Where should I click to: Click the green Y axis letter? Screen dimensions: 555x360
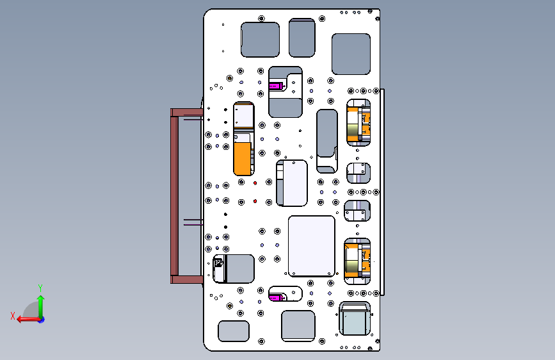[x=40, y=288]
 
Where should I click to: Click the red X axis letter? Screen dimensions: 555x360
[x=13, y=316]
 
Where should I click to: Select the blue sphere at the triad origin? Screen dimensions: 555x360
[x=42, y=320]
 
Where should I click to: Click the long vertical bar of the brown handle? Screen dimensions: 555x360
[x=174, y=196]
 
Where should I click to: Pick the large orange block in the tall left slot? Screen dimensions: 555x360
[x=243, y=158]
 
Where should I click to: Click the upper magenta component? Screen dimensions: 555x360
[x=276, y=86]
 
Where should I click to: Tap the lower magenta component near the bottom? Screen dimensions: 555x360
[x=277, y=298]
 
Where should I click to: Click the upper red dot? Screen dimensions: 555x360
[x=255, y=183]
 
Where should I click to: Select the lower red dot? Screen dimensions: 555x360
[x=255, y=201]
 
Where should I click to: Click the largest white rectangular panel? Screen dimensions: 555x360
[x=312, y=246]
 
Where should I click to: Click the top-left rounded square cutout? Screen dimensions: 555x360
[x=260, y=40]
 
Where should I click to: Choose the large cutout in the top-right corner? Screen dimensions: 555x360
[x=351, y=54]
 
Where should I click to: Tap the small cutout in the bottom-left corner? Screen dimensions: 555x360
[x=234, y=331]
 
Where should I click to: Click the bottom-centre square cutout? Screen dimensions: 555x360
[x=298, y=326]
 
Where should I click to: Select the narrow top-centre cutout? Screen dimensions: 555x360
[x=302, y=38]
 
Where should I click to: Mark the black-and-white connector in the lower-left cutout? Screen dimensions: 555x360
[x=219, y=268]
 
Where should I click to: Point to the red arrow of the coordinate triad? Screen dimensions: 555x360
[x=29, y=320]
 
